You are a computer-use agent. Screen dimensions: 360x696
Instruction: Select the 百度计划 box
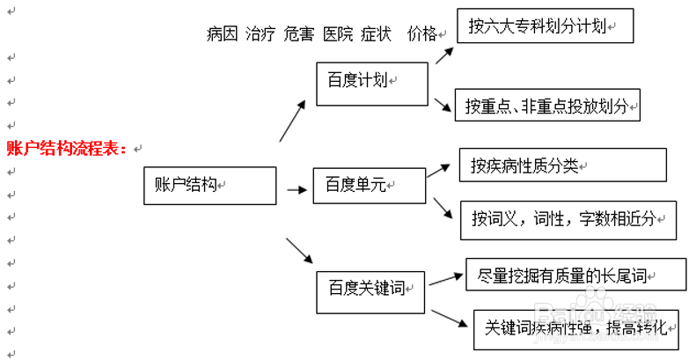point(371,82)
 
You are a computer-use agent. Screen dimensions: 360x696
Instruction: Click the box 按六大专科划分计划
point(546,26)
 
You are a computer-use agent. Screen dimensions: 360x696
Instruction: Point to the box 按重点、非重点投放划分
point(547,106)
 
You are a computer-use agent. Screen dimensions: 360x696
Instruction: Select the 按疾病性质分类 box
point(563,165)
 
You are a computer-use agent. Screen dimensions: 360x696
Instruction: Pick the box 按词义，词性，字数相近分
point(568,220)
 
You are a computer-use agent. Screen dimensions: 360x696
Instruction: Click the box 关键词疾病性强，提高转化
point(576,328)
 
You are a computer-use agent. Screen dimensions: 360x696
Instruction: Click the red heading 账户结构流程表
point(67,148)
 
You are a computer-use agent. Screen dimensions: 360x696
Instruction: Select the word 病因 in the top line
point(222,34)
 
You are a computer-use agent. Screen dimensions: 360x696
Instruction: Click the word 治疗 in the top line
point(260,34)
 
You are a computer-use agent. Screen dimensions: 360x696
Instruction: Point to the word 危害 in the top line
point(299,34)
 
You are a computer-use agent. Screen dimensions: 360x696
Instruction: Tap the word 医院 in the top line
point(338,34)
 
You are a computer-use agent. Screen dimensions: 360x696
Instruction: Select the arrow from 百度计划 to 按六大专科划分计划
point(444,55)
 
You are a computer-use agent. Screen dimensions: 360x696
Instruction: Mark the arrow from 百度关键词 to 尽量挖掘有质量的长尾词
point(446,279)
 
